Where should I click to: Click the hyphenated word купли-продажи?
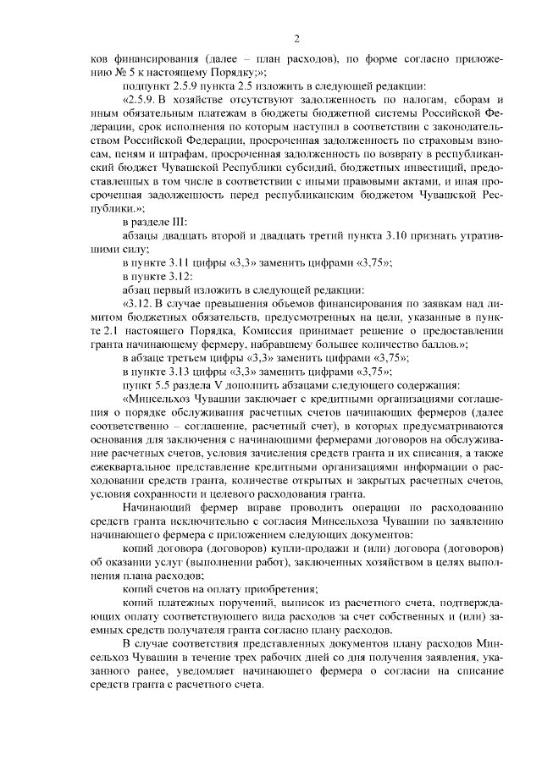click(285, 546)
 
